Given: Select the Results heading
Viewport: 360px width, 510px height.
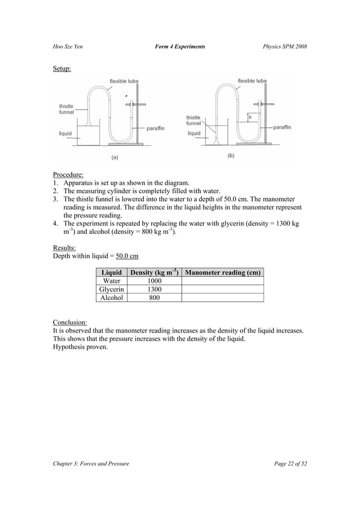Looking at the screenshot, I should click(x=64, y=247).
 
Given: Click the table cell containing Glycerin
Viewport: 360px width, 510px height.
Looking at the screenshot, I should click(x=111, y=289).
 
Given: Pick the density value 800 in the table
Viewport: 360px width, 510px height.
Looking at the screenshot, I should click(x=154, y=298).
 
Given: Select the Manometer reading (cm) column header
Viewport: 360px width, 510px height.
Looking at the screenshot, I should click(x=223, y=272).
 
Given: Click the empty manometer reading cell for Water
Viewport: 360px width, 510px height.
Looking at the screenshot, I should click(x=223, y=281).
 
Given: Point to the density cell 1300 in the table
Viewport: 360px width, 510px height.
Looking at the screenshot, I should click(x=154, y=289).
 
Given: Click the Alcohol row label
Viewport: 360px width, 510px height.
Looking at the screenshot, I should click(x=111, y=298).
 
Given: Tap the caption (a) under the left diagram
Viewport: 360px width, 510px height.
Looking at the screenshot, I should click(x=115, y=158).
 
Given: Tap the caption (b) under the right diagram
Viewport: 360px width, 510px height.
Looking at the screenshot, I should click(x=231, y=155).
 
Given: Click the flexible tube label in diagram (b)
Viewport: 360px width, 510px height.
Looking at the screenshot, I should click(x=252, y=81).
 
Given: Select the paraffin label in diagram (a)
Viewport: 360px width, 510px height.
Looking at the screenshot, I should click(x=155, y=129).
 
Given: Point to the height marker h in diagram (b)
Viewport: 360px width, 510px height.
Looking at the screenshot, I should click(x=249, y=117).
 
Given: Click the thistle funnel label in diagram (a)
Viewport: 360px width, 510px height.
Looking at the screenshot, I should click(x=67, y=109).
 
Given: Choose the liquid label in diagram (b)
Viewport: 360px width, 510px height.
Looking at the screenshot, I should click(x=194, y=134).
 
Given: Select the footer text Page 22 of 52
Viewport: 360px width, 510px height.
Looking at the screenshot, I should click(x=290, y=464).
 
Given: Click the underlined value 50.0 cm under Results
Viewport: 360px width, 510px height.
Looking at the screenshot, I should click(x=127, y=256).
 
